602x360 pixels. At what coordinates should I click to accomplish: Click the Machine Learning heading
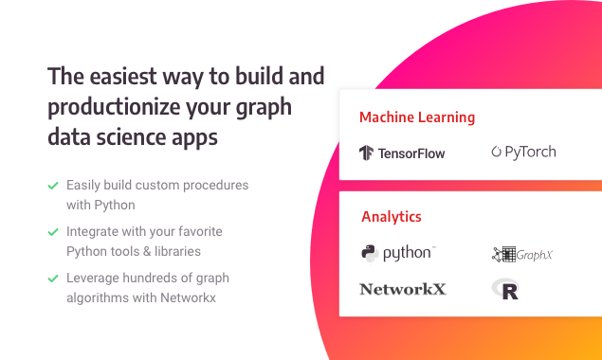(x=417, y=118)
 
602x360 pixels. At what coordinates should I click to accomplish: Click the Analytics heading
(x=392, y=217)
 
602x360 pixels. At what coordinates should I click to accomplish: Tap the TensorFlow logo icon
(x=367, y=153)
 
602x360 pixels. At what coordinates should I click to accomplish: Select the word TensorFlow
(x=411, y=153)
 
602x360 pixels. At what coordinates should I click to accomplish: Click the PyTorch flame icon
(x=497, y=152)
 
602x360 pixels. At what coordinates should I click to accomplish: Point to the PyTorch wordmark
(x=531, y=152)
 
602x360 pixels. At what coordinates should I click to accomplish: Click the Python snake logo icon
(x=370, y=253)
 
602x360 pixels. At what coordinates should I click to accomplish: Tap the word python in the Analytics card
(x=409, y=253)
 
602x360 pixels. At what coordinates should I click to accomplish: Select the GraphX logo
(x=522, y=254)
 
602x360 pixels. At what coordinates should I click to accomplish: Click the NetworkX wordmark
(x=402, y=289)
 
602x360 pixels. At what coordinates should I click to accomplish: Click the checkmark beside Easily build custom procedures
(x=53, y=186)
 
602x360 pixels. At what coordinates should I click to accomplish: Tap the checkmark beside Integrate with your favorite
(x=53, y=231)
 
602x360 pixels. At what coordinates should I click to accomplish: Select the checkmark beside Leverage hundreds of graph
(x=53, y=279)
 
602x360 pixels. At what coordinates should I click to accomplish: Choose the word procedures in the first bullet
(x=216, y=185)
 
